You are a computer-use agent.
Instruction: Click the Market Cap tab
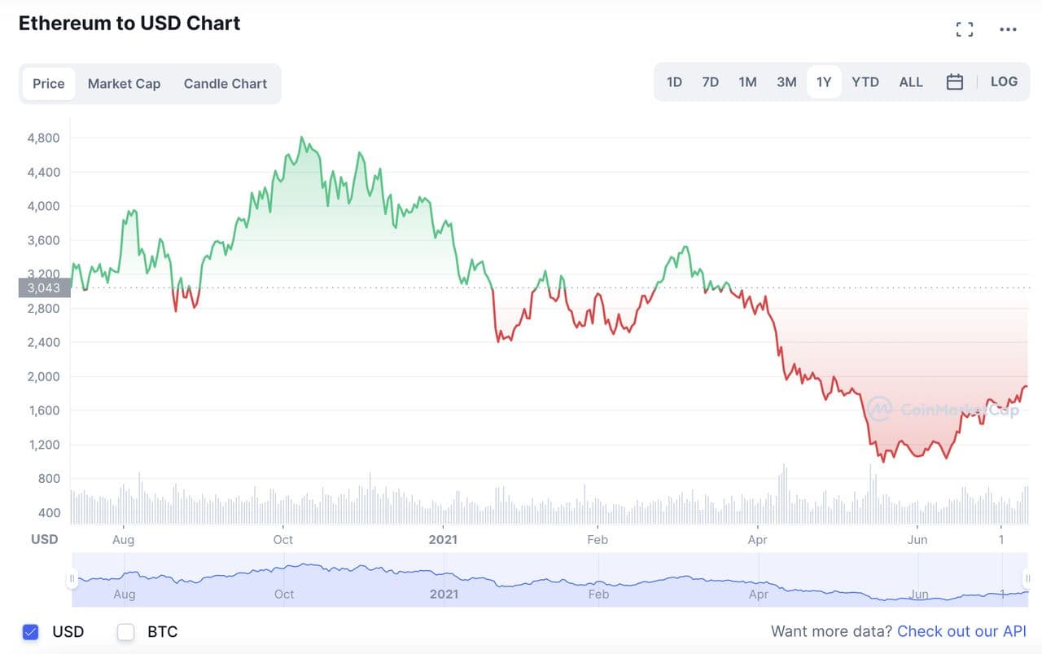point(124,84)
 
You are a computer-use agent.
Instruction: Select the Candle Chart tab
point(225,84)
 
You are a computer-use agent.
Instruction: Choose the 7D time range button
point(711,82)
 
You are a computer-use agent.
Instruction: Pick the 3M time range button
point(786,82)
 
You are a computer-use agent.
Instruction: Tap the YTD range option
point(865,82)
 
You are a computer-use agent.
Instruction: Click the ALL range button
point(911,82)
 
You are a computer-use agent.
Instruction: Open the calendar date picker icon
point(955,82)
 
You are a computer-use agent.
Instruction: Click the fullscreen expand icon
point(965,30)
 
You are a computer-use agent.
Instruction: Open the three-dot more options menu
point(1008,30)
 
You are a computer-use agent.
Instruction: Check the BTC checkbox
point(125,632)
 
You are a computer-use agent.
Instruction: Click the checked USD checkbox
point(31,632)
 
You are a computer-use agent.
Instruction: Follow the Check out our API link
point(961,631)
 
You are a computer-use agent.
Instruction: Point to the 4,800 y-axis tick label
point(43,138)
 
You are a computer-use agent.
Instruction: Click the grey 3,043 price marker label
point(44,287)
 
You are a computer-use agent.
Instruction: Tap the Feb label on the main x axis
point(598,540)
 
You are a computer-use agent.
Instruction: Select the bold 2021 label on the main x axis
point(443,540)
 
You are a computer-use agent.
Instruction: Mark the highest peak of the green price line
point(302,138)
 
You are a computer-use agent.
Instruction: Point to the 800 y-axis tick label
point(49,479)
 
